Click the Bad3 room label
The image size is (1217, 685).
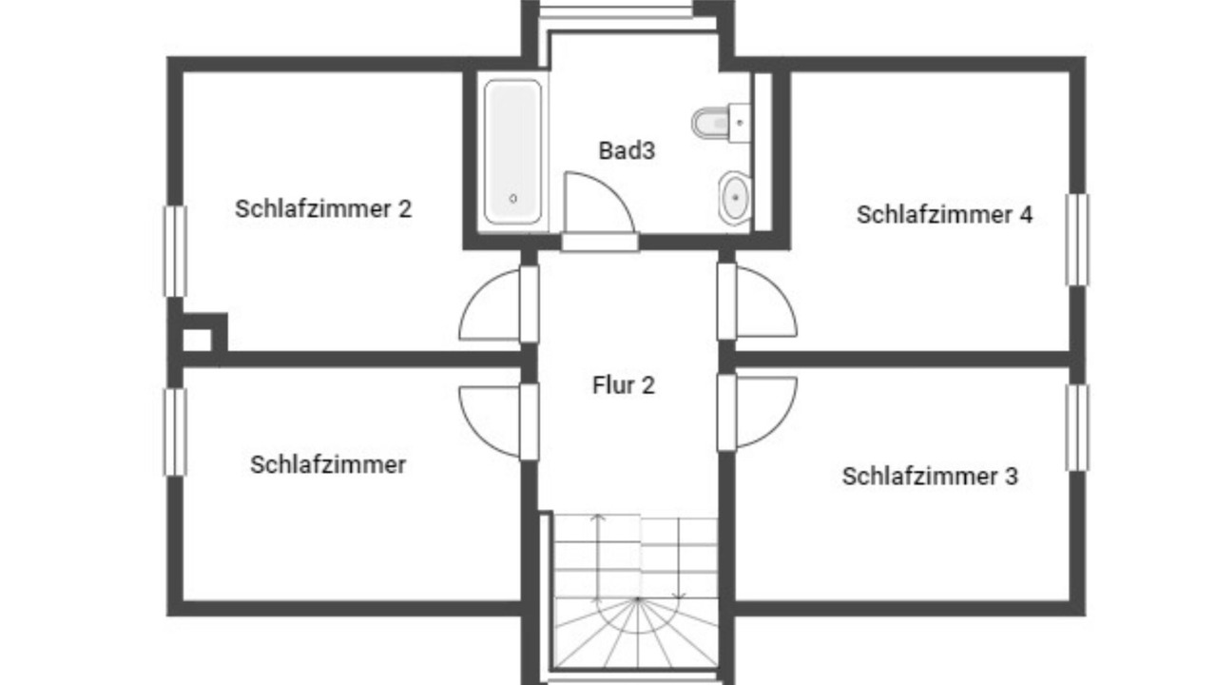point(627,150)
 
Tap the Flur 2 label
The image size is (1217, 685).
point(624,385)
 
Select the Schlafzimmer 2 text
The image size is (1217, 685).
point(323,208)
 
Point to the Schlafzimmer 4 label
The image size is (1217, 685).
point(944,215)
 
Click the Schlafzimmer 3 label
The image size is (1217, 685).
point(930,477)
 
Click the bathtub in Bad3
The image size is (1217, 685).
point(512,151)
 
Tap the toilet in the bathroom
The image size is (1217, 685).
point(721,123)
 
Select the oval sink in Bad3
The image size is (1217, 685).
point(735,199)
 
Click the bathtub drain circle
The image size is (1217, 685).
point(512,199)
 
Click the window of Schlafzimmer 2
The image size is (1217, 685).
point(176,251)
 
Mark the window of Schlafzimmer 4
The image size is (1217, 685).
point(1077,240)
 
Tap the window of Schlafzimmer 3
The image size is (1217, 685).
point(1077,428)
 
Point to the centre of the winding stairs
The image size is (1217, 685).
point(638,599)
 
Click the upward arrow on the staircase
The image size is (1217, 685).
point(598,556)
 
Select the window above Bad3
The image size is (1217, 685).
point(616,10)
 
